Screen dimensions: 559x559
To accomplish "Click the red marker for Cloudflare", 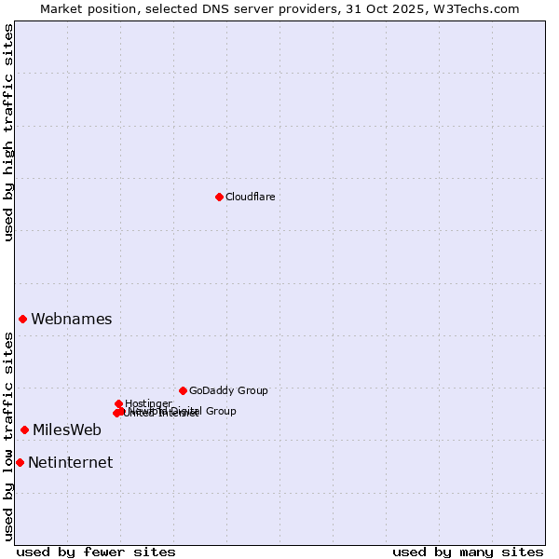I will click(x=219, y=197).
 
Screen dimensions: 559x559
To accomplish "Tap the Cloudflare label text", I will click(x=250, y=197).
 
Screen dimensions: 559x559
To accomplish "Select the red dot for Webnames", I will click(x=22, y=319).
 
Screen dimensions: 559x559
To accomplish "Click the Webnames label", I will click(x=71, y=319).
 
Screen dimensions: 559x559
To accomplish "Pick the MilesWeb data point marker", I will click(x=24, y=429).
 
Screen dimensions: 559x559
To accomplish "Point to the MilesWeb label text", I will click(x=66, y=429).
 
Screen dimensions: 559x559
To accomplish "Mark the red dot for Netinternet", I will click(x=20, y=462).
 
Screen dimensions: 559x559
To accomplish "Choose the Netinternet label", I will click(x=70, y=462).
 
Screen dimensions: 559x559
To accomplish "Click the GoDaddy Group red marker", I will click(x=183, y=390).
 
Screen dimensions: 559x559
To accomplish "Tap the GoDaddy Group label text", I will click(x=228, y=390).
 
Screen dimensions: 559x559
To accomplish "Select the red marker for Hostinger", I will click(x=118, y=403).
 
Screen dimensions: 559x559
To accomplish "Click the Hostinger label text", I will click(x=148, y=403).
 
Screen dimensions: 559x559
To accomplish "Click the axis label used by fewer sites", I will click(x=96, y=552).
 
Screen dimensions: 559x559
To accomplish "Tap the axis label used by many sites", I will click(x=468, y=552).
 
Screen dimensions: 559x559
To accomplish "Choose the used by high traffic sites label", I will click(x=8, y=132).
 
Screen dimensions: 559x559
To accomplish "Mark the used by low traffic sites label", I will click(x=8, y=437).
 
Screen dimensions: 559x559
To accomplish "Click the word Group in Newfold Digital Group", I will click(x=220, y=411).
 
